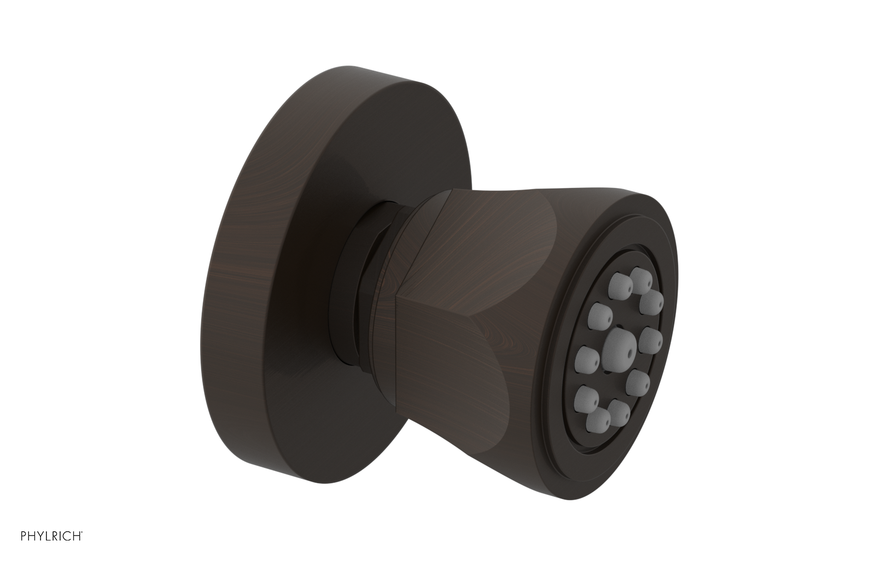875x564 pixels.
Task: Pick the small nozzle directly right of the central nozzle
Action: coord(650,340)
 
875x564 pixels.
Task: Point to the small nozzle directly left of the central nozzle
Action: coord(586,357)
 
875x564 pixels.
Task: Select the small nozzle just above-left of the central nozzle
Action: coord(597,314)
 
